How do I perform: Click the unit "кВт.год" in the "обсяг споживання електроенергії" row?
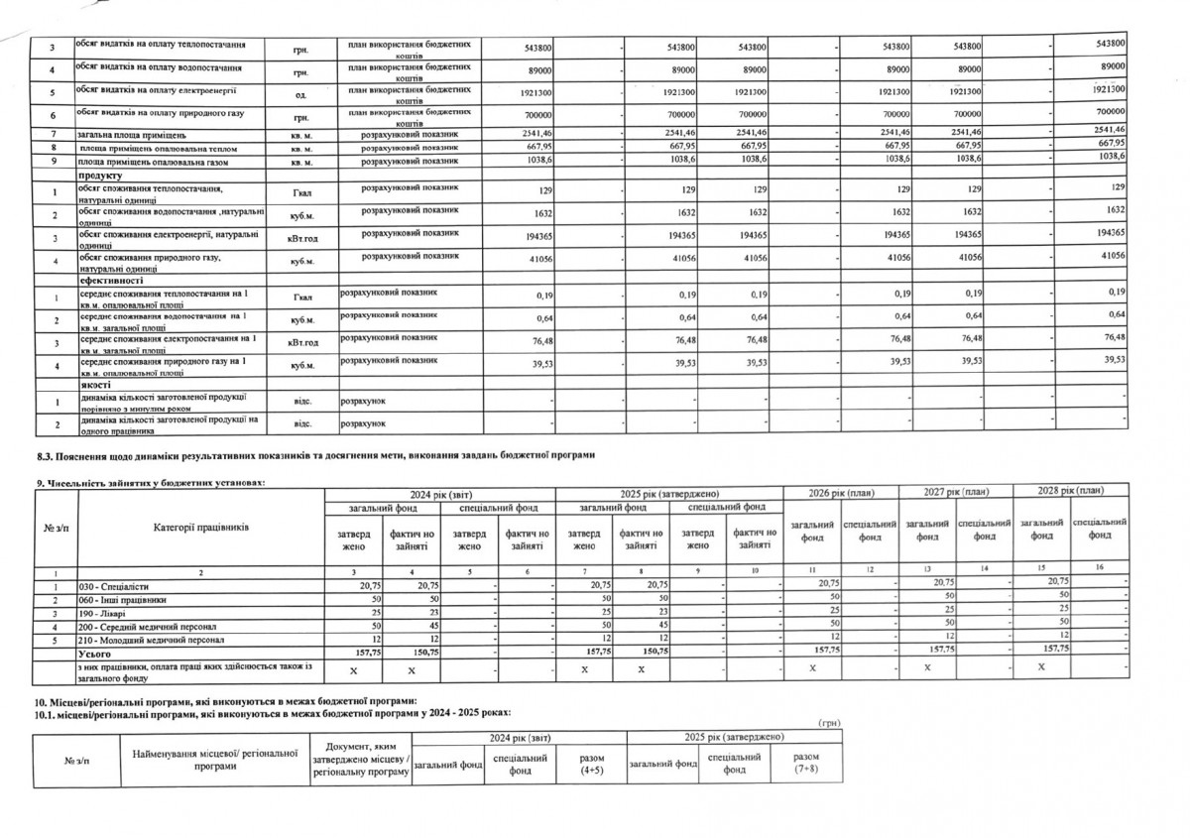coord(301,237)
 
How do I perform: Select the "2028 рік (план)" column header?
coord(1071,492)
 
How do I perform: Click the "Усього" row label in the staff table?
coord(92,652)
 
